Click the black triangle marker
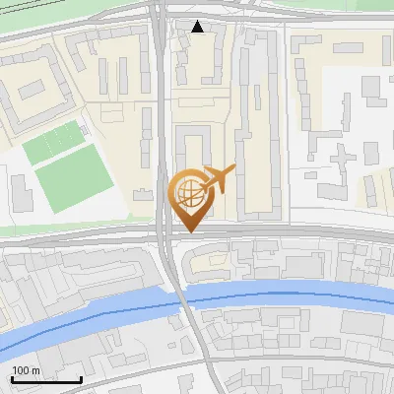(198, 27)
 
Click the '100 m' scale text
(26, 370)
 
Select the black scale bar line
(45, 379)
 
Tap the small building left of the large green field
(20, 191)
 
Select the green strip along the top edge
(79, 8)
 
